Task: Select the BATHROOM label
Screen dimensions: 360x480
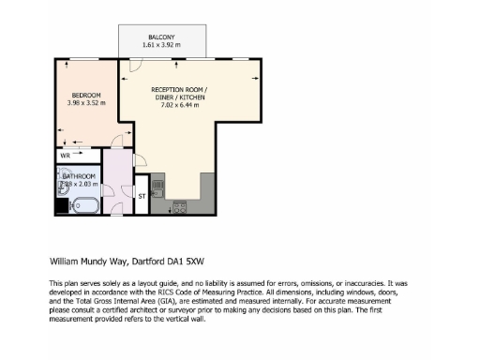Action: pos(80,176)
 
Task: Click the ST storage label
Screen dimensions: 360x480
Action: pos(141,196)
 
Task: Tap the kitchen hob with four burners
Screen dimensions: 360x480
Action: pos(180,207)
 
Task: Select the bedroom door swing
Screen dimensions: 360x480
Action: pos(115,141)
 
